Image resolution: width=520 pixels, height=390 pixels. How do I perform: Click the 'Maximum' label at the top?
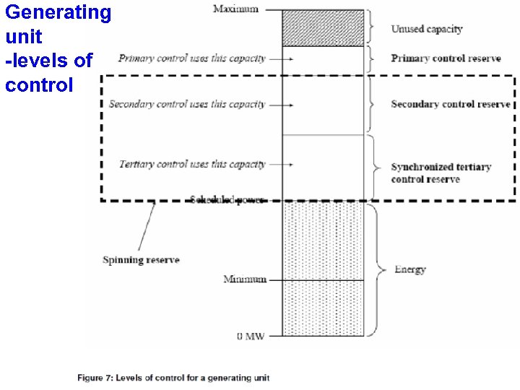pos(235,9)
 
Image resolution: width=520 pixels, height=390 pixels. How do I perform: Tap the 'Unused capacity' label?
pos(426,29)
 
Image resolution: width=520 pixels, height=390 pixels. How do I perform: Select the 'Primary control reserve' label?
pos(446,58)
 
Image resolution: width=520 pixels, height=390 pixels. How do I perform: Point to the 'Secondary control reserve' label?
pos(451,104)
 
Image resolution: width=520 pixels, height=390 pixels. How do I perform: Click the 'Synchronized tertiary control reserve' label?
pos(441,173)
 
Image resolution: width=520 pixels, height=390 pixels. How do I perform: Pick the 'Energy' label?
pos(409,269)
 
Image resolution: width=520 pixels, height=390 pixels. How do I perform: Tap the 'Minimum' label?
pos(245,279)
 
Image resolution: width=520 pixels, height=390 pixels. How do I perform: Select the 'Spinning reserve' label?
pos(141,259)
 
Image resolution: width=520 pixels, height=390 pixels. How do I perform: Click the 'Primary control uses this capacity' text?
pos(192,58)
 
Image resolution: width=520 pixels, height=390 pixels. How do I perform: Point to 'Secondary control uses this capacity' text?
pos(187,104)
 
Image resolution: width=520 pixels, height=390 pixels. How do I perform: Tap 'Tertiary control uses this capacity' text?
pos(192,164)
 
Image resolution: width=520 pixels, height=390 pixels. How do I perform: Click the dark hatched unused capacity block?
pos(322,27)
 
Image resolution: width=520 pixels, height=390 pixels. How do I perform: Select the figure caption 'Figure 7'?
pos(173,378)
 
